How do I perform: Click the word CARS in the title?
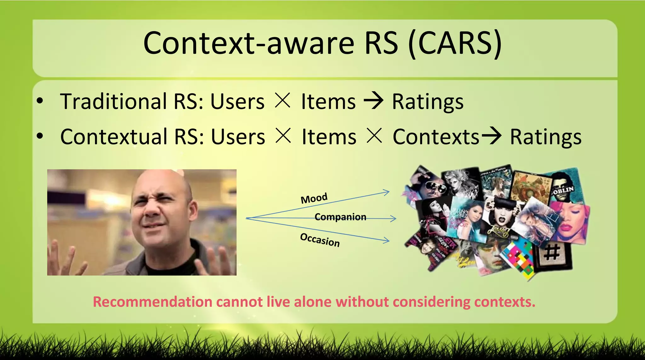click(455, 43)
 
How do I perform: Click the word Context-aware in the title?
click(249, 43)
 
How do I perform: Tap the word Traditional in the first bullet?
click(114, 101)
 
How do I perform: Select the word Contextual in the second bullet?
click(114, 137)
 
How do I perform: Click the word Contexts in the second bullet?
click(436, 137)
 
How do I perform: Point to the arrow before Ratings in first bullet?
click(374, 101)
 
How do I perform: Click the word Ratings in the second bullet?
click(545, 137)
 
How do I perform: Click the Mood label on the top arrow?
click(314, 198)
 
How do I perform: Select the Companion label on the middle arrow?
click(340, 217)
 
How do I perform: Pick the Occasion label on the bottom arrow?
click(320, 240)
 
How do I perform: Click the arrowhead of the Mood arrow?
click(387, 192)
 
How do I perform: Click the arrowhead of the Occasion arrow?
click(387, 241)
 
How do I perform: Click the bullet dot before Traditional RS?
click(40, 101)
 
